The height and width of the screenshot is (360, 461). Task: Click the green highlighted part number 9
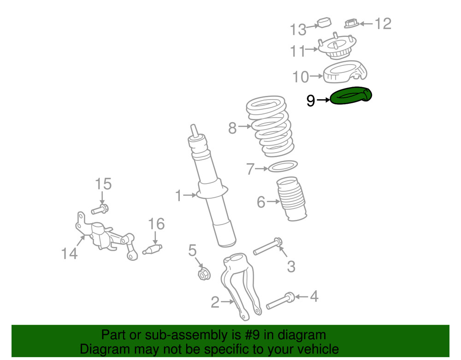pos(351,96)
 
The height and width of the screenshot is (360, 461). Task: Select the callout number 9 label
pos(311,100)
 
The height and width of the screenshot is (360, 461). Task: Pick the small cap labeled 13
pos(325,22)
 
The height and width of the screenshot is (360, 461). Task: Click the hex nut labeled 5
pos(203,274)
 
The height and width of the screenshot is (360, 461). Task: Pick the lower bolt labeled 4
pos(280,301)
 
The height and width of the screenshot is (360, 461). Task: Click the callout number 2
pos(215,302)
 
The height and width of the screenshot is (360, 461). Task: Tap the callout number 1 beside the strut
pos(179,196)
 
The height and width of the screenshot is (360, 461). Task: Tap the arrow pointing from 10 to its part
pos(316,76)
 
